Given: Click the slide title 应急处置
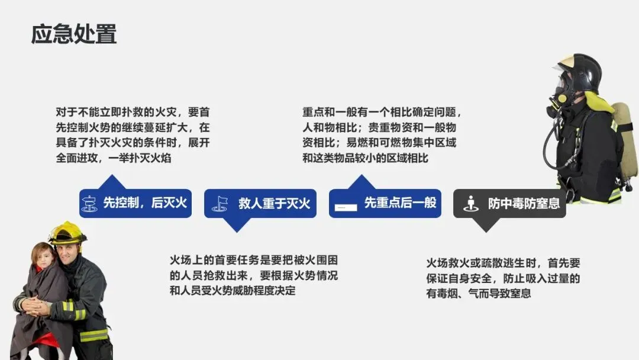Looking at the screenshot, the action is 74,34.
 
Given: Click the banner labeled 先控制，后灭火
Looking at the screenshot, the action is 135,203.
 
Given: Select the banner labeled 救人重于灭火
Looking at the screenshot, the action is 260,203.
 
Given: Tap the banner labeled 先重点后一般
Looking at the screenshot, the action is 385,203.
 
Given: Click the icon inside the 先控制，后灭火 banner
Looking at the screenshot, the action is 89,204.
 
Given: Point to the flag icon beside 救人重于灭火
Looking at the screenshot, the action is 220,204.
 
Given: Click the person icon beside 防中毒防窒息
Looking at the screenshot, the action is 470,204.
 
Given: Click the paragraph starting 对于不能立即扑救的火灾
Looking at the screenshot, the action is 133,135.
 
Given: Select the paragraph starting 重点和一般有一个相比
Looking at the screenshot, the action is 382,135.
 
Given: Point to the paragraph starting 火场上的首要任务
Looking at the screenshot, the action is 254,275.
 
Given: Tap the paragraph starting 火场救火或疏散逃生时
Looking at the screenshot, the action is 503,278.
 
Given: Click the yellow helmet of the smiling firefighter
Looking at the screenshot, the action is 66,233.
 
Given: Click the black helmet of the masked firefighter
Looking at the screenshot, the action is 582,69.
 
